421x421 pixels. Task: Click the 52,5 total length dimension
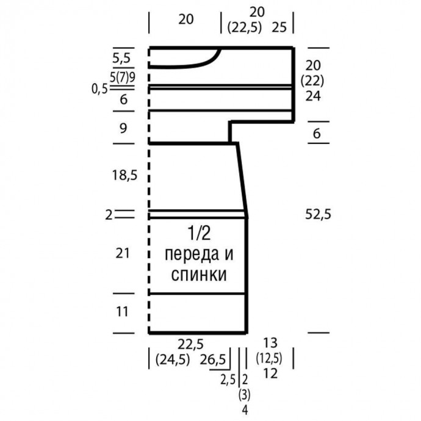pyautogui.click(x=318, y=215)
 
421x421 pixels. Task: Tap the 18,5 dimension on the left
pyautogui.click(x=124, y=175)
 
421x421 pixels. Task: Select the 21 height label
pyautogui.click(x=123, y=253)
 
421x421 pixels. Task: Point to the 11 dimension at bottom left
pyautogui.click(x=122, y=311)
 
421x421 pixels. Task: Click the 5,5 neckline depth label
pyautogui.click(x=121, y=58)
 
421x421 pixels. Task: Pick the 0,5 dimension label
pyautogui.click(x=99, y=89)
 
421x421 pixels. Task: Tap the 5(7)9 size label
pyautogui.click(x=123, y=77)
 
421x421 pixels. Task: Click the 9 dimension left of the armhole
pyautogui.click(x=123, y=128)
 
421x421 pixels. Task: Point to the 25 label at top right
pyautogui.click(x=279, y=27)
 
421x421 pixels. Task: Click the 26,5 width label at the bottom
pyautogui.click(x=213, y=359)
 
